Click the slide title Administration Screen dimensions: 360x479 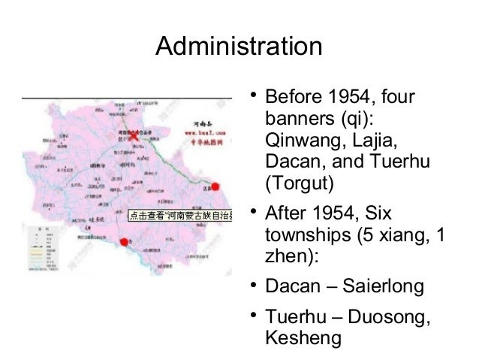pyautogui.click(x=239, y=46)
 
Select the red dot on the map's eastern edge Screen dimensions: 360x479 pyautogui.click(x=216, y=186)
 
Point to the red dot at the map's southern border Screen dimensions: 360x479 pyautogui.click(x=123, y=241)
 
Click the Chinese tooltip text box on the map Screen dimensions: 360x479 pyautogui.click(x=179, y=215)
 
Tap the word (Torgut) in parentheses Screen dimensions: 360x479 pyautogui.click(x=293, y=183)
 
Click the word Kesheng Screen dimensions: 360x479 pyautogui.click(x=303, y=339)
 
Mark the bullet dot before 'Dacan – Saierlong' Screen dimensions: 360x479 pyautogui.click(x=255, y=286)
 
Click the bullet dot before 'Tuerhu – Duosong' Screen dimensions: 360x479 pyautogui.click(x=255, y=316)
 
